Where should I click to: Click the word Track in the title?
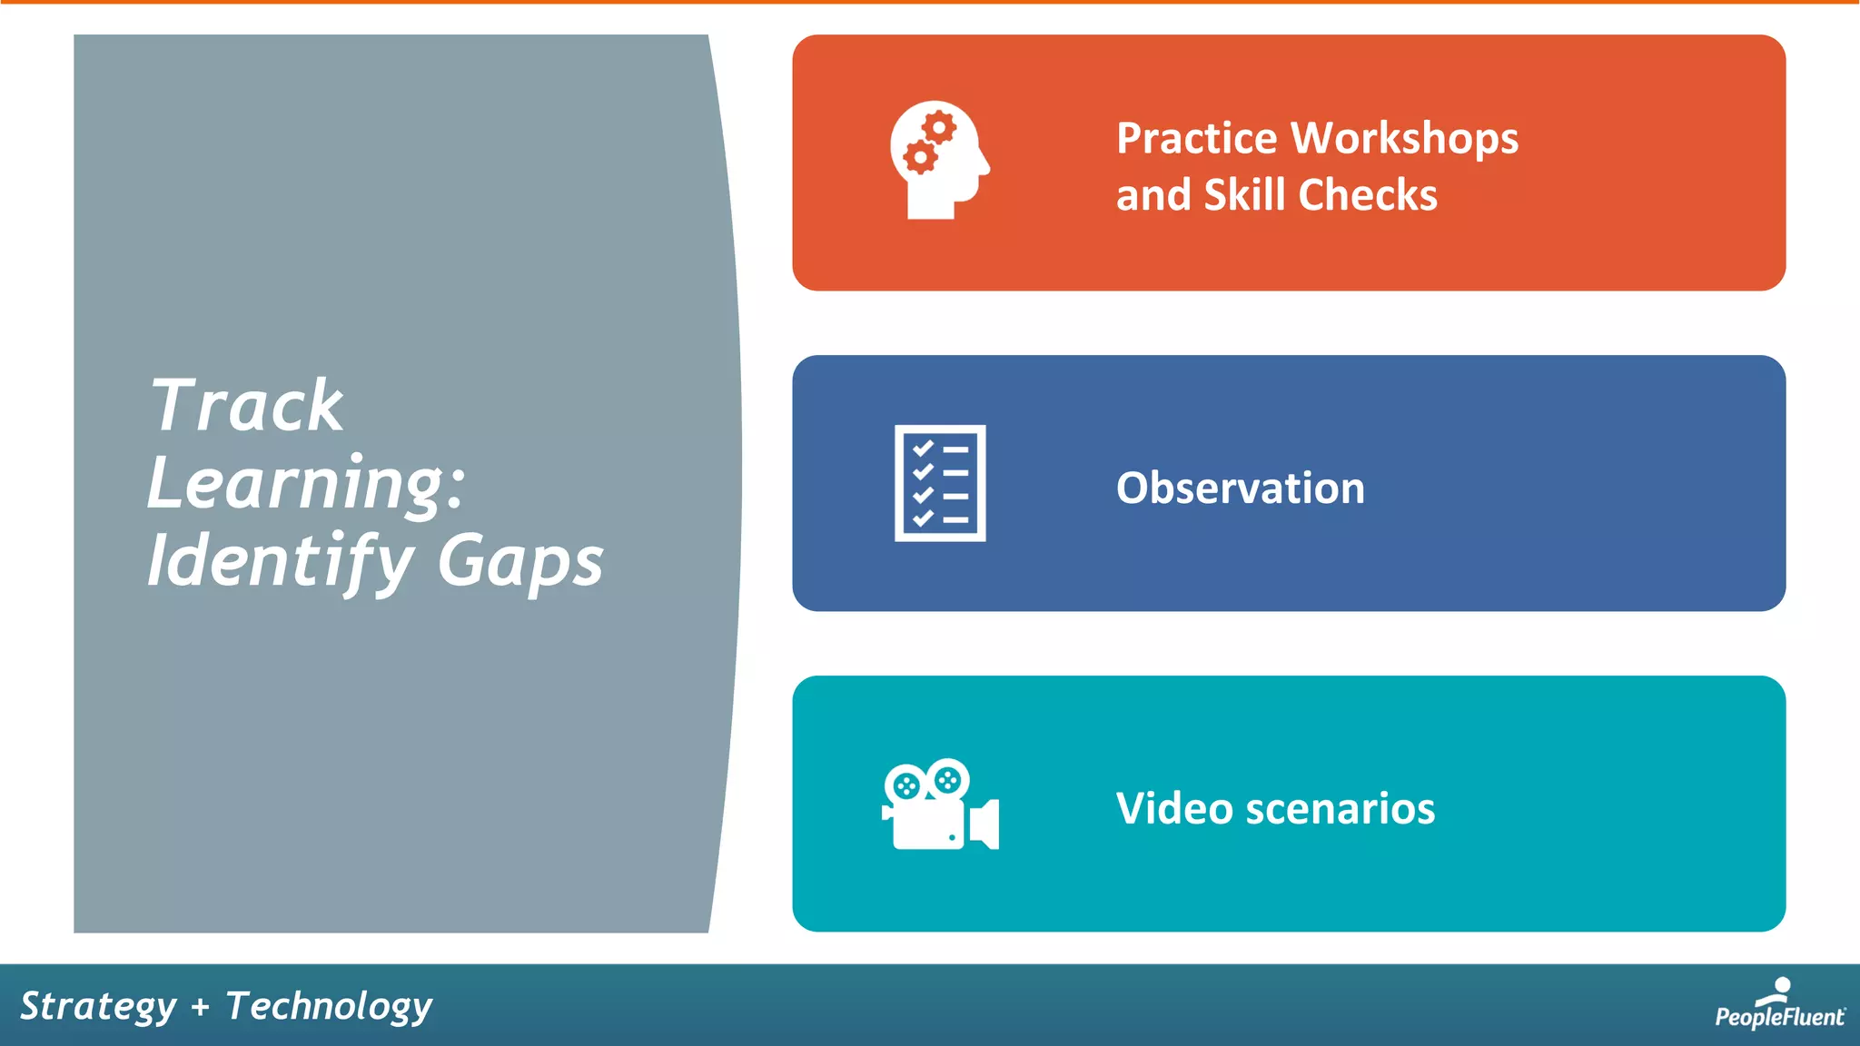pos(246,406)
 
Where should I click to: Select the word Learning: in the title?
pos(306,484)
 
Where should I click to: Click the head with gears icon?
pos(939,160)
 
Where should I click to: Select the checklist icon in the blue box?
pos(940,483)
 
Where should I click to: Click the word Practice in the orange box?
pos(1197,139)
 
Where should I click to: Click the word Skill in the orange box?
pos(1244,195)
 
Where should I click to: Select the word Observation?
pos(1240,488)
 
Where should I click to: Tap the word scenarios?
pos(1341,808)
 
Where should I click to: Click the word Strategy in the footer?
pos(98,1007)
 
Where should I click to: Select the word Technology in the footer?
pos(329,1007)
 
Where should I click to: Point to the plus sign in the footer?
pos(201,1007)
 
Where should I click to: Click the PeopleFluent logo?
pos(1778,1004)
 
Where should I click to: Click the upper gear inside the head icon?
pos(939,128)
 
